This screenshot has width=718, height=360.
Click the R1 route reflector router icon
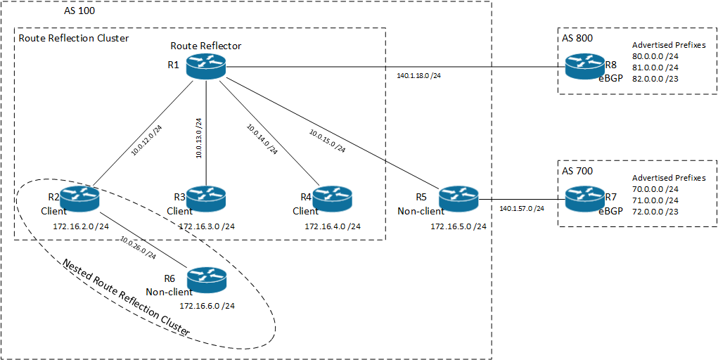click(205, 68)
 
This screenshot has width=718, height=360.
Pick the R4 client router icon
click(332, 199)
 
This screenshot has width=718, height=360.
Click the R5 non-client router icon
click(458, 199)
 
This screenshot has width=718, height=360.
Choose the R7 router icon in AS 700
click(584, 199)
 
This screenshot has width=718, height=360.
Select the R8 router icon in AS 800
click(584, 68)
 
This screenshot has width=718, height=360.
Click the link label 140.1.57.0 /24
click(522, 209)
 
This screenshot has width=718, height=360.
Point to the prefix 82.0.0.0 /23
click(656, 78)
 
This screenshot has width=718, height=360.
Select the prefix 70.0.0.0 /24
click(655, 188)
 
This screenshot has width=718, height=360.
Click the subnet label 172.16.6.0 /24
click(207, 306)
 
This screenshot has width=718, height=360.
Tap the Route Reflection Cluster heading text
click(74, 38)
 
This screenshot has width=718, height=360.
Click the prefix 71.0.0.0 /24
click(655, 200)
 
